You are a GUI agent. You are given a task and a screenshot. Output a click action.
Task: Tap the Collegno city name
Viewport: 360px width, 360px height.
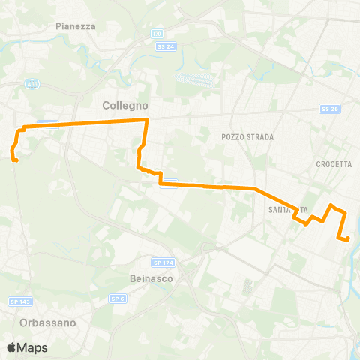pos(124,106)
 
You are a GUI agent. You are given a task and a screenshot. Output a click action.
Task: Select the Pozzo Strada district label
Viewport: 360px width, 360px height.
pos(248,137)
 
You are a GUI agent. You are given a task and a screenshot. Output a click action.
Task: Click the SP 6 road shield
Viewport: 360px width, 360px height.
pos(116,298)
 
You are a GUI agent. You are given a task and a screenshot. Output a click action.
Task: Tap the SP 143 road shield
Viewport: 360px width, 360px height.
pos(19,301)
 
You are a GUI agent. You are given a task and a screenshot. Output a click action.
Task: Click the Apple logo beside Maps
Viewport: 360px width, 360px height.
pos(11,347)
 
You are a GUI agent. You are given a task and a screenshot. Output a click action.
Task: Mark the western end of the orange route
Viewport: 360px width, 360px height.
pos(15,158)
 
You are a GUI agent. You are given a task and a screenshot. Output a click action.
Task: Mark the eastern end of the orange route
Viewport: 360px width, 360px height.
pos(349,239)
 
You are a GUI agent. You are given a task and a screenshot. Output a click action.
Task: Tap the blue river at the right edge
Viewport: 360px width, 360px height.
pos(353,247)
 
